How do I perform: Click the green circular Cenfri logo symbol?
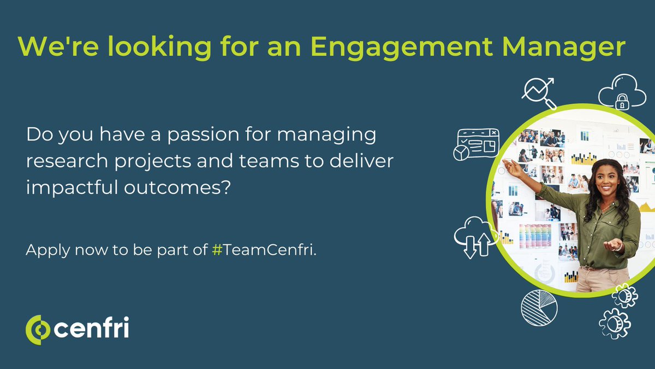[38, 330]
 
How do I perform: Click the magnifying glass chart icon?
[538, 92]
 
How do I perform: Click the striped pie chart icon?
[539, 308]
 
